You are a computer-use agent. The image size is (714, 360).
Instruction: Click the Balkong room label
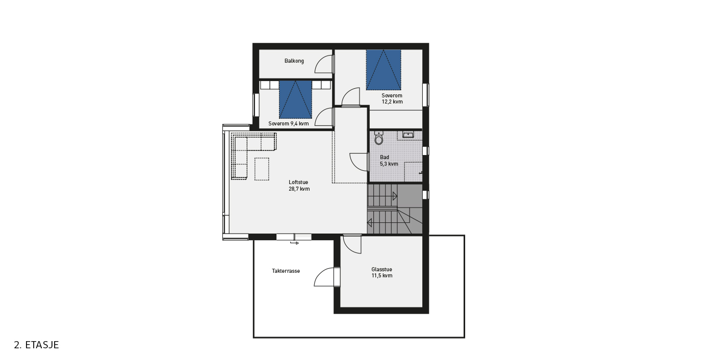click(x=294, y=61)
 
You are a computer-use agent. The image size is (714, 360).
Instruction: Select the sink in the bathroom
click(x=408, y=135)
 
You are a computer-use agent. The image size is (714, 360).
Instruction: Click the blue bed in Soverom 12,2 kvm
click(x=384, y=70)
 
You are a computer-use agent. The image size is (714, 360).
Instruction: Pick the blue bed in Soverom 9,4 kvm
click(x=295, y=100)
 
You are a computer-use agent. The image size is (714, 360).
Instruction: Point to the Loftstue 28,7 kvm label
click(x=299, y=186)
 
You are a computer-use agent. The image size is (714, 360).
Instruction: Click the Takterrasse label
click(x=286, y=271)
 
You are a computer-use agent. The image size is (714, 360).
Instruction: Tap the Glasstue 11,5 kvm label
click(x=382, y=272)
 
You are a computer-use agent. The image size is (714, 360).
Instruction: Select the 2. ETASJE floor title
click(x=36, y=345)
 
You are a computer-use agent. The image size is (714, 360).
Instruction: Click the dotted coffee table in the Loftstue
click(x=262, y=169)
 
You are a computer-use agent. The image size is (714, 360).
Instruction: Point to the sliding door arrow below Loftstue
click(x=294, y=243)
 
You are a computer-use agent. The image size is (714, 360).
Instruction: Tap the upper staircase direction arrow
click(x=395, y=196)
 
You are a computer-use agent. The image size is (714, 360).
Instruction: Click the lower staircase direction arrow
click(x=369, y=222)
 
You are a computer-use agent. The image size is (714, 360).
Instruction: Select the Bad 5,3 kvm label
click(x=389, y=161)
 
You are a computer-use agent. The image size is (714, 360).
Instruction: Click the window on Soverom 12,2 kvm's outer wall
click(x=425, y=95)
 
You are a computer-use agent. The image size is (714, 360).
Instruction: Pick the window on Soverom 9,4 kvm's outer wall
click(x=256, y=105)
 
